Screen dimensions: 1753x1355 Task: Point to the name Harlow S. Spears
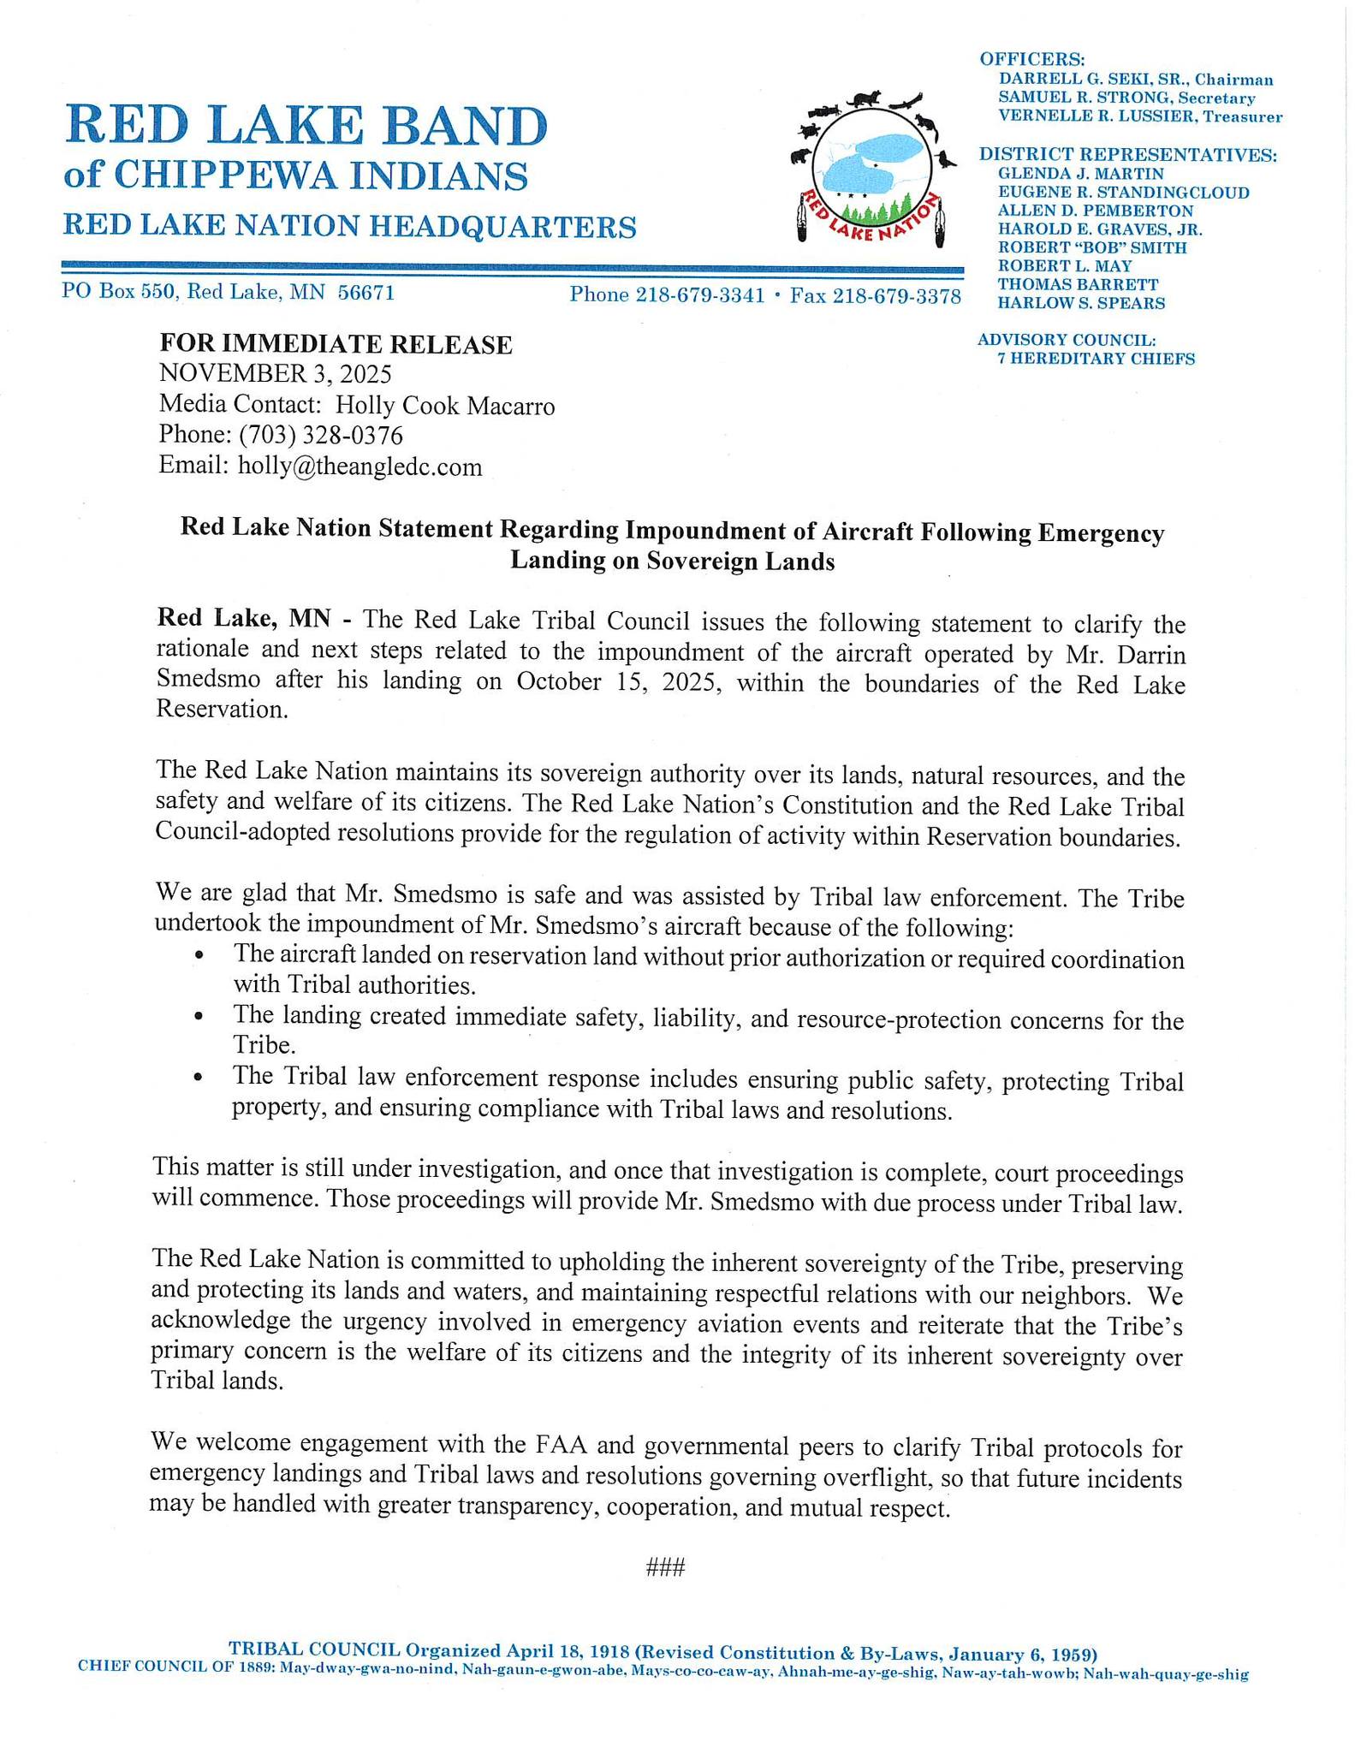(x=1081, y=303)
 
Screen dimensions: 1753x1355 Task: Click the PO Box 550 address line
(x=228, y=293)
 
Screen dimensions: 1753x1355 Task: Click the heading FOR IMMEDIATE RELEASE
(x=336, y=344)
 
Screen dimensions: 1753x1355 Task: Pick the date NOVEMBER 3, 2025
(x=275, y=374)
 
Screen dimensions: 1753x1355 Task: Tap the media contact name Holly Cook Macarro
(x=444, y=405)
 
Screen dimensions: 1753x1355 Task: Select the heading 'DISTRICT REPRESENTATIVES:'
(x=1127, y=155)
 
